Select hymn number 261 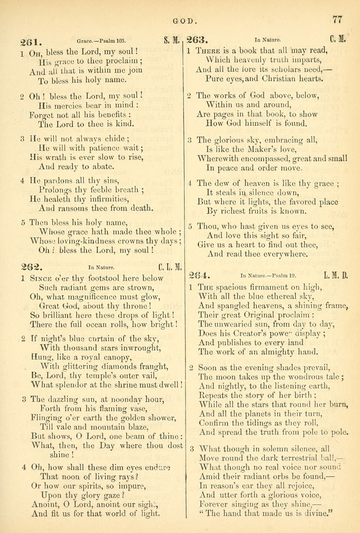pyautogui.click(x=29, y=42)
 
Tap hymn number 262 pyautogui.click(x=29, y=267)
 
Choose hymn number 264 pyautogui.click(x=198, y=275)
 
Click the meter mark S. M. pyautogui.click(x=173, y=40)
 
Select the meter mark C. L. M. pyautogui.click(x=170, y=267)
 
